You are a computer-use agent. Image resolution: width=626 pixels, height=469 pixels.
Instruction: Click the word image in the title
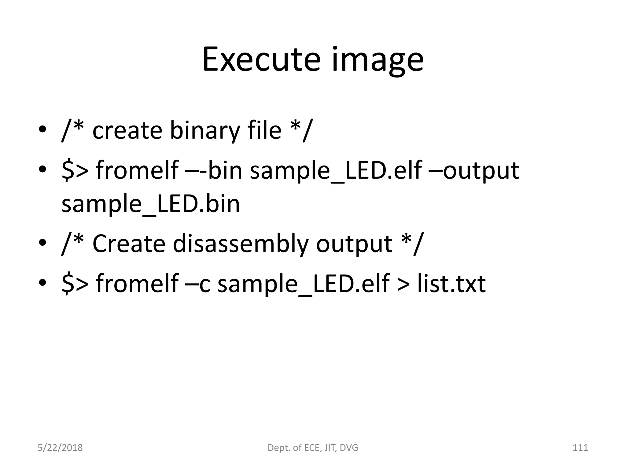[x=378, y=61]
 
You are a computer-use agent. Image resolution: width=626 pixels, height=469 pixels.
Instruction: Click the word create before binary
[x=127, y=131]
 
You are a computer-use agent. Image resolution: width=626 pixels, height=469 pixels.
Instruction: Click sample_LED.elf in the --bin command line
[x=336, y=170]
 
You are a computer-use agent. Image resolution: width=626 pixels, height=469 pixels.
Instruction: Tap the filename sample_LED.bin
[x=150, y=204]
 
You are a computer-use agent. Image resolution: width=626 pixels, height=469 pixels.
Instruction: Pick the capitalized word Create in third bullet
[x=129, y=244]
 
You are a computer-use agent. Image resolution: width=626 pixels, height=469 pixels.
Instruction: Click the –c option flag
[x=197, y=284]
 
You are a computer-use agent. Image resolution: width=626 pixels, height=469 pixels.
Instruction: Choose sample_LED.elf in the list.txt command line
[x=303, y=284]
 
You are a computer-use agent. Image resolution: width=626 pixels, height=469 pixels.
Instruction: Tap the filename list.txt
[x=451, y=284]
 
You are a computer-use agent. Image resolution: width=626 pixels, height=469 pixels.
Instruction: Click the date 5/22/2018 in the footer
[x=60, y=448]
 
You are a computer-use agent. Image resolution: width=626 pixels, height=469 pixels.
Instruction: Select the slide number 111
[x=580, y=448]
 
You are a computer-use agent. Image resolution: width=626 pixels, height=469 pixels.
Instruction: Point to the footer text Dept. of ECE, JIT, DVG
[x=313, y=448]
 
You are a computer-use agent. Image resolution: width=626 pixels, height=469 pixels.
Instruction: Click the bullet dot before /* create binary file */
[x=42, y=129]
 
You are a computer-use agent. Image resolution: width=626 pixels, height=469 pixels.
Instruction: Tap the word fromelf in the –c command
[x=137, y=284]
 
